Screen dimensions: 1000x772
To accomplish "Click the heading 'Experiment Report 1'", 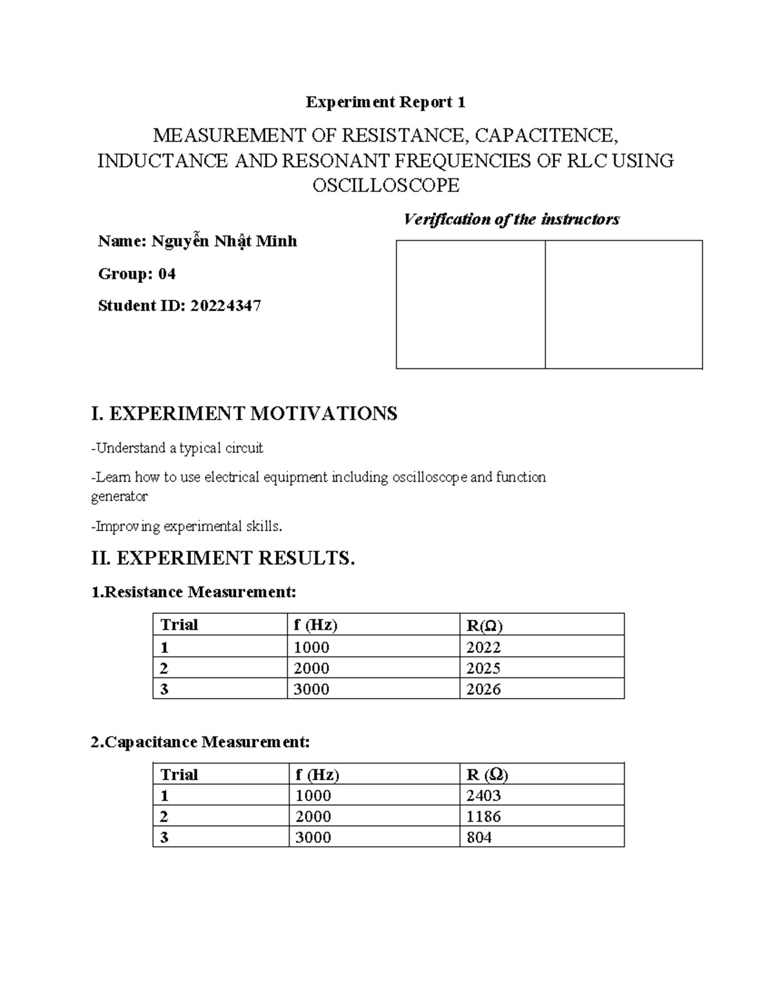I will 385,102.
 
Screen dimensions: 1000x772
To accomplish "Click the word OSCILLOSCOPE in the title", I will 385,185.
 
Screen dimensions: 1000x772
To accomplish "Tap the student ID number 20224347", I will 225,306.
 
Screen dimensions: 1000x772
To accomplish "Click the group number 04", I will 167,274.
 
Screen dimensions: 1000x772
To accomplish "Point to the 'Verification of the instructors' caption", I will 511,220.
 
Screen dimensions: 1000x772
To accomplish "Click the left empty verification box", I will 470,305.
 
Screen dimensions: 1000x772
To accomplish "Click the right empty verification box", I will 623,305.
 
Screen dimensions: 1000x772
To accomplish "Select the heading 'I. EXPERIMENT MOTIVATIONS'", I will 244,413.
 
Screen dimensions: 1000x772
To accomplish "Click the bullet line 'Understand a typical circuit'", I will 178,448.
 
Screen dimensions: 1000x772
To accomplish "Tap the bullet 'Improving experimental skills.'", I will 187,527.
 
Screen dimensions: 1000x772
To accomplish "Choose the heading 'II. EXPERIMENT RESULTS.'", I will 223,558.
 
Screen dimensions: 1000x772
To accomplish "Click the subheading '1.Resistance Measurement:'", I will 194,592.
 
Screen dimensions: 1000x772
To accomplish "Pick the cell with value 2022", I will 483,647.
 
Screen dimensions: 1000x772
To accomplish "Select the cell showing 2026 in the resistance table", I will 483,689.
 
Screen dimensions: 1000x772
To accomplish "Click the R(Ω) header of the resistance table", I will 484,625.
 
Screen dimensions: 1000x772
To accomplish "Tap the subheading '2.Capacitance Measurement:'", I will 200,742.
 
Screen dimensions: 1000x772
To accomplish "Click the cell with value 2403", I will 483,796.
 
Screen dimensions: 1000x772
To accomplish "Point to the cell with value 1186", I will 483,816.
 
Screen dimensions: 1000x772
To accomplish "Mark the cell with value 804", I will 479,837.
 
